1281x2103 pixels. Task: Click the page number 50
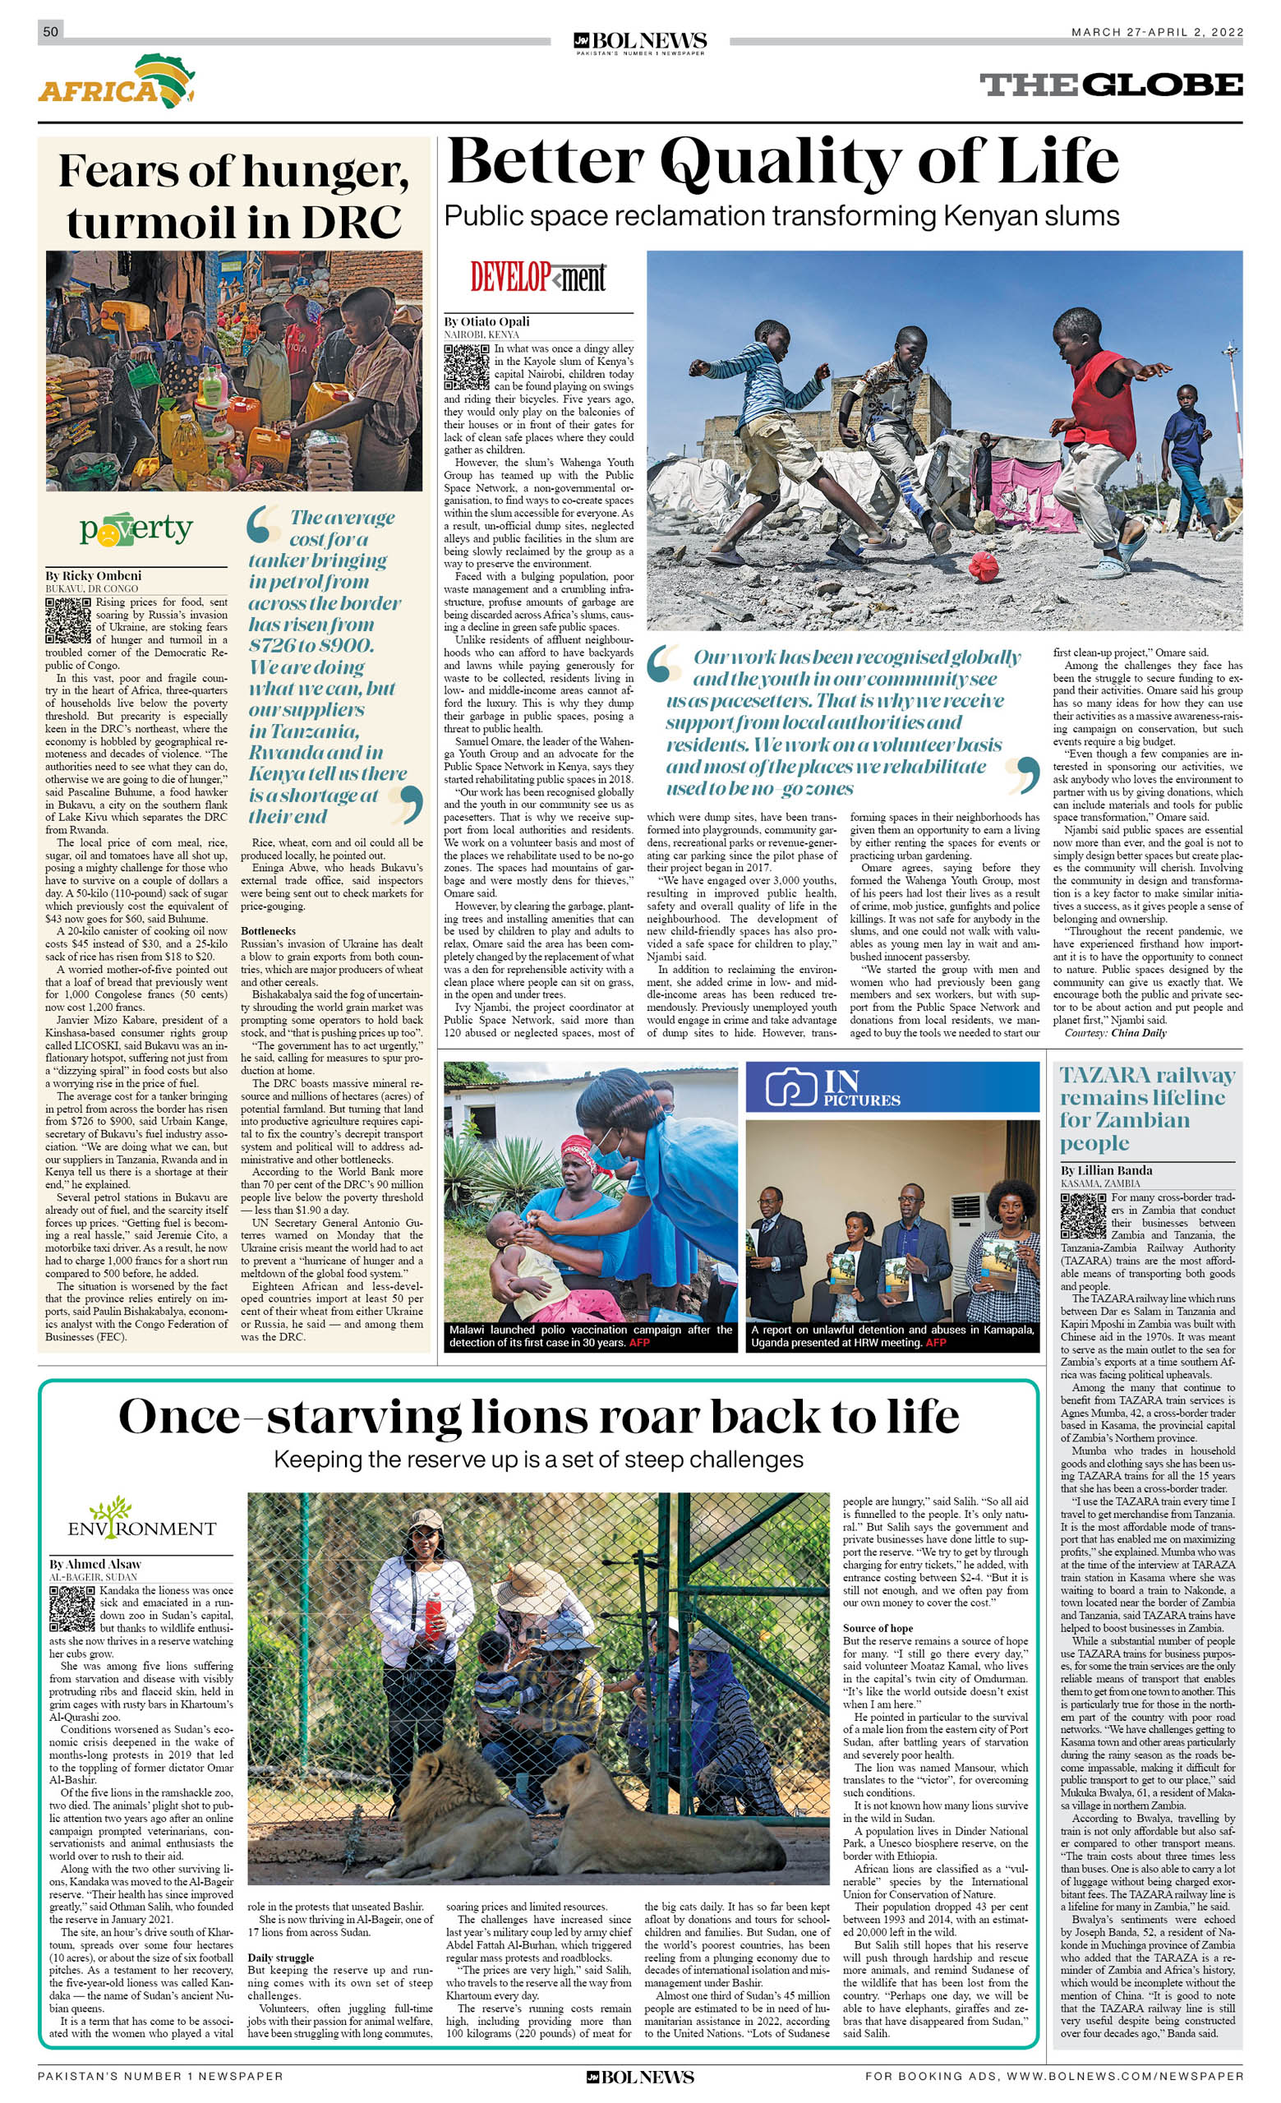point(50,31)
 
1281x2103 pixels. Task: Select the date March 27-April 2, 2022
point(1156,32)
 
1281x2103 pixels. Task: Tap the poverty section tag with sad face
point(136,530)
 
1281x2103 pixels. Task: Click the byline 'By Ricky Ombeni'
point(94,575)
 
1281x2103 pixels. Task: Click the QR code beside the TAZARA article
point(1082,1215)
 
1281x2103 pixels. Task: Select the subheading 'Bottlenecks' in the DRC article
point(268,930)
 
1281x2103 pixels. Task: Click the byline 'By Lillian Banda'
point(1106,1170)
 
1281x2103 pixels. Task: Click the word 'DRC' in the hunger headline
point(351,223)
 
